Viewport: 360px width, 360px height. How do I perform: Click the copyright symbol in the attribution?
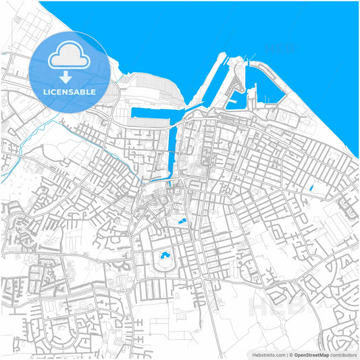pyautogui.click(x=290, y=354)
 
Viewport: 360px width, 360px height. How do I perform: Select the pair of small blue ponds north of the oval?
pyautogui.click(x=181, y=221)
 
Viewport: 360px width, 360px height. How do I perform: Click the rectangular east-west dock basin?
pyautogui.click(x=157, y=112)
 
